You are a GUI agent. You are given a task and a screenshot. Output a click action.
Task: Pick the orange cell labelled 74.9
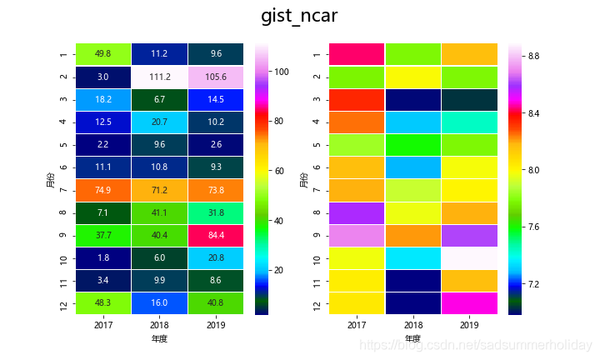coord(104,190)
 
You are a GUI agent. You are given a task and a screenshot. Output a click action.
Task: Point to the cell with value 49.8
coord(104,54)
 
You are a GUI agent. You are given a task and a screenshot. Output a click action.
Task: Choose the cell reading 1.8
coord(104,258)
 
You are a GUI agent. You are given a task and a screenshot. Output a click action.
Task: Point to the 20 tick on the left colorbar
coord(282,270)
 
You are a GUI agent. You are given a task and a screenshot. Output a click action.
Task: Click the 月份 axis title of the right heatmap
coord(303,179)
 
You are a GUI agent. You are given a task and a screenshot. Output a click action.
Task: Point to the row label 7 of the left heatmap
coord(63,190)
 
